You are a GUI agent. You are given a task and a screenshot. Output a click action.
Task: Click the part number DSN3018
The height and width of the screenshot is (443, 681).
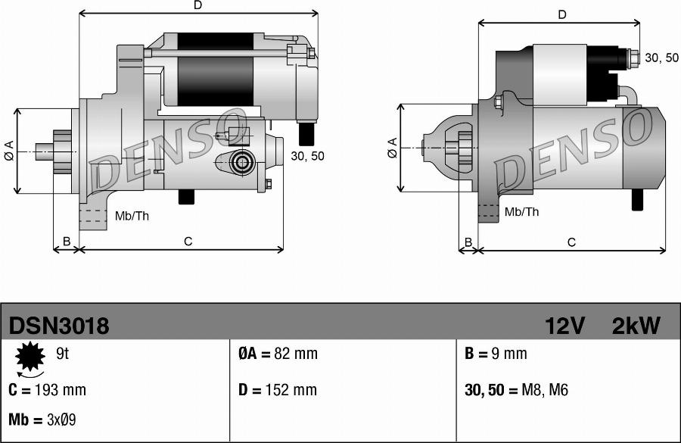59,326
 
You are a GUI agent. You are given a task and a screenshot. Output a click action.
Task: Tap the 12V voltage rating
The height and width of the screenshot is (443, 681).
564,326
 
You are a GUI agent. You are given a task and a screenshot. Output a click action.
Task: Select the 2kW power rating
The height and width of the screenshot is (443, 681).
636,326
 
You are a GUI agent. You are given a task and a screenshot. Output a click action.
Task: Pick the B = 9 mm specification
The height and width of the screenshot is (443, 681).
495,354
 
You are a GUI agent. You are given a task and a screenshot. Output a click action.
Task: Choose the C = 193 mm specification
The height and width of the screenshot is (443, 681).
47,390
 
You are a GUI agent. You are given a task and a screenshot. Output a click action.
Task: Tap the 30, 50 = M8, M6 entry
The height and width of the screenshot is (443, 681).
515,390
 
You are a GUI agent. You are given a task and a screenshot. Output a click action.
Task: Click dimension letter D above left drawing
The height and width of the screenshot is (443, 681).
198,5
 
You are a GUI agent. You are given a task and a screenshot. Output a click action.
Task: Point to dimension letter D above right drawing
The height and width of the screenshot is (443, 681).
562,14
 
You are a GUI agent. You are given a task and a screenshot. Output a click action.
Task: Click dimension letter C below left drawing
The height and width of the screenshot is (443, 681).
188,242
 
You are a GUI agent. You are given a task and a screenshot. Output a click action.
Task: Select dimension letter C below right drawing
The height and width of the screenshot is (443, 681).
571,242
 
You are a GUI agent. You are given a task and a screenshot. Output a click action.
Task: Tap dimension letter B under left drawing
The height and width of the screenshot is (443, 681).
67,242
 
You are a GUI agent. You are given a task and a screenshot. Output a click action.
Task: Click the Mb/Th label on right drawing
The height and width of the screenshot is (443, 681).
521,212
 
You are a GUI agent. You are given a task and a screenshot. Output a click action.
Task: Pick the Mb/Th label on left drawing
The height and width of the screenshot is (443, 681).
132,217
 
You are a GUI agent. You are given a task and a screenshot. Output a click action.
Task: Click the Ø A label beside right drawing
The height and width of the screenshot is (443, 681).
392,148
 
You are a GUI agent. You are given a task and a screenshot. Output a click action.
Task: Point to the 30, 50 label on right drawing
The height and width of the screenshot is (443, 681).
661,58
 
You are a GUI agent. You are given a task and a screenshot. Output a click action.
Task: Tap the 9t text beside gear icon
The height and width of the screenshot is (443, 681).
63,352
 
